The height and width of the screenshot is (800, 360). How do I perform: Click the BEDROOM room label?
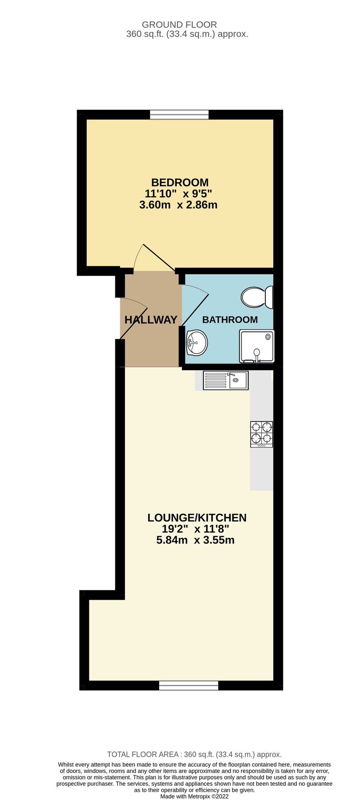point(180,182)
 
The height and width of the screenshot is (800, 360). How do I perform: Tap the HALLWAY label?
point(151,320)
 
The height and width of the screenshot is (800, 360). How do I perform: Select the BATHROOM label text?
point(230,320)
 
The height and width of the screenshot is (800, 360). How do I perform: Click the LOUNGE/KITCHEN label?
point(196,517)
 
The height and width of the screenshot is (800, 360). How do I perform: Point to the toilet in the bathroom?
point(257,297)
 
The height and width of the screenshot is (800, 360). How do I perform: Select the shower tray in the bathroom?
point(256,346)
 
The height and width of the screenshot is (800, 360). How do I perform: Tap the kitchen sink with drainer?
point(225,380)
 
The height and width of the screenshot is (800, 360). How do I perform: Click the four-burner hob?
point(261,434)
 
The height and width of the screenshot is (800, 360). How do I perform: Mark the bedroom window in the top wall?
point(179,115)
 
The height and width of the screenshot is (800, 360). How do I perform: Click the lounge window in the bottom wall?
point(188,685)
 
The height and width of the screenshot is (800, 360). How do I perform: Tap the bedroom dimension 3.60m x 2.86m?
point(178,205)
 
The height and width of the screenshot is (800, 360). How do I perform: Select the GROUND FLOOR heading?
point(179,24)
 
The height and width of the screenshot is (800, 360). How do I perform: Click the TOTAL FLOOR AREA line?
point(194,754)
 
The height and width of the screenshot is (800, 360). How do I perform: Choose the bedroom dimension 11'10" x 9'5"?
point(178,194)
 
